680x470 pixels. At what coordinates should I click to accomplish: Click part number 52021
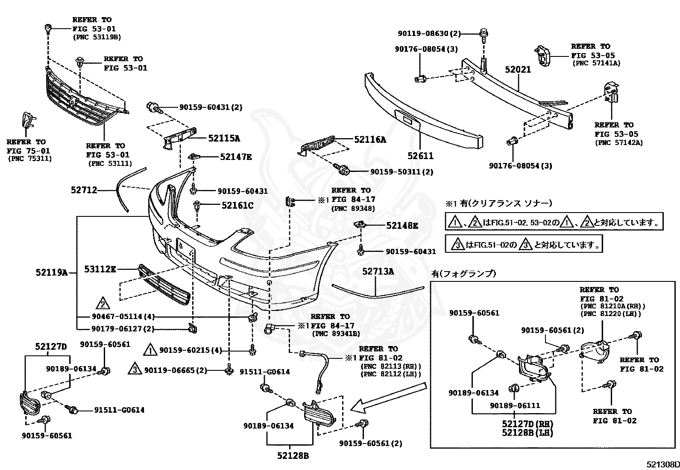point(518,70)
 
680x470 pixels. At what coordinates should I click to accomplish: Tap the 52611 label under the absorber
point(420,156)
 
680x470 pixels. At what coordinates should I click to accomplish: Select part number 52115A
point(224,139)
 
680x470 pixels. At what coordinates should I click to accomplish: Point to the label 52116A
point(370,139)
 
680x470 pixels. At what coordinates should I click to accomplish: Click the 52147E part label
point(236,157)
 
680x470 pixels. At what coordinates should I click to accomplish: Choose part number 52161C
point(237,206)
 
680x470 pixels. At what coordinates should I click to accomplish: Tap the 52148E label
point(402,225)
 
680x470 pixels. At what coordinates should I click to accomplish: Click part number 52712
point(84,190)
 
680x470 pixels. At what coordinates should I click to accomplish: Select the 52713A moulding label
point(378,271)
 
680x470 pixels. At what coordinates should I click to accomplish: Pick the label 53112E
point(100,269)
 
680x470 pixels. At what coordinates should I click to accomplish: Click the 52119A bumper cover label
point(52,272)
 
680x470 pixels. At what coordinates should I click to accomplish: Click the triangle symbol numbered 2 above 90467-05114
point(103,303)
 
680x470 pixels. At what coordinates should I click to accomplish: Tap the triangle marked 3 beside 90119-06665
point(135,369)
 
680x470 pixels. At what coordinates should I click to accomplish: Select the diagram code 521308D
point(663,464)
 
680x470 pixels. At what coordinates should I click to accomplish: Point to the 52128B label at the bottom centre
point(293,456)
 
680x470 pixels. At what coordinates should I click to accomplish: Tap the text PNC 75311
point(30,158)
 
